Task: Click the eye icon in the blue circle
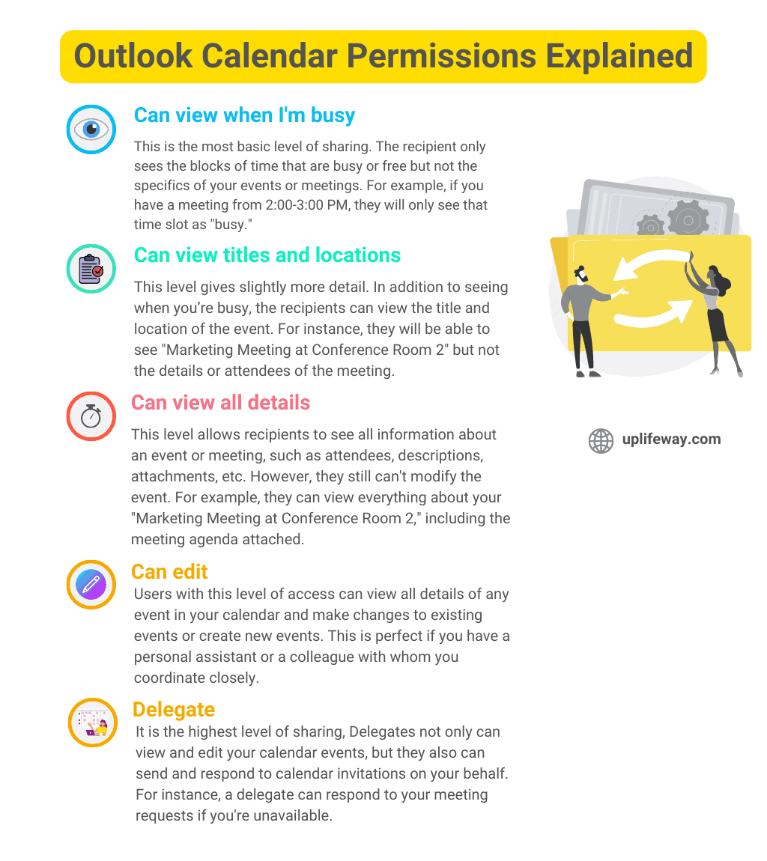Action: [91, 130]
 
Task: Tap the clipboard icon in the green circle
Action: [91, 268]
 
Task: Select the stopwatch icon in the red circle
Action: [91, 416]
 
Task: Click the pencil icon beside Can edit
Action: [91, 584]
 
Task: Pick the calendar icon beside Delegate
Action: [93, 722]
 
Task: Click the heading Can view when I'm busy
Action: [244, 115]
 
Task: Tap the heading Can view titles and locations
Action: [267, 255]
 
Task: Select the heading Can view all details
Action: [220, 403]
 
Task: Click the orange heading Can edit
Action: [169, 572]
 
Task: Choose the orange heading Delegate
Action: [173, 710]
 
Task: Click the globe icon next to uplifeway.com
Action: [601, 441]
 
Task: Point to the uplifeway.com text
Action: [671, 439]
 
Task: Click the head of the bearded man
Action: [582, 273]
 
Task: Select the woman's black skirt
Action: [717, 324]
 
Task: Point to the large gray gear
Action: [688, 219]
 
